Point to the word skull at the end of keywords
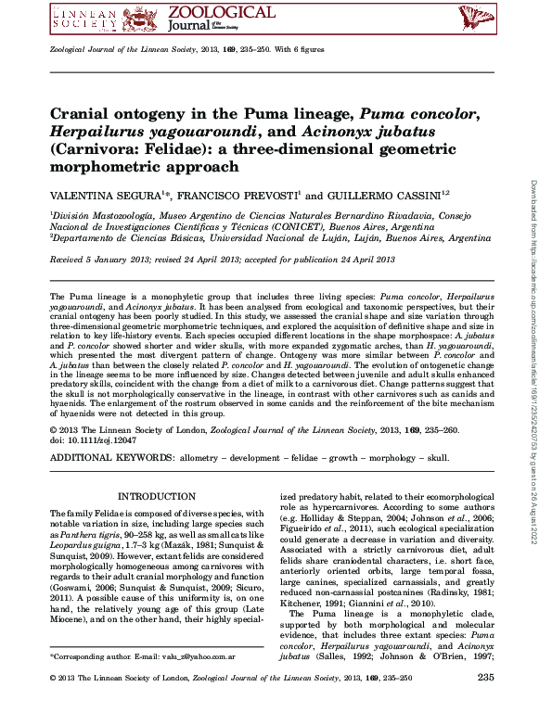(436, 459)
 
